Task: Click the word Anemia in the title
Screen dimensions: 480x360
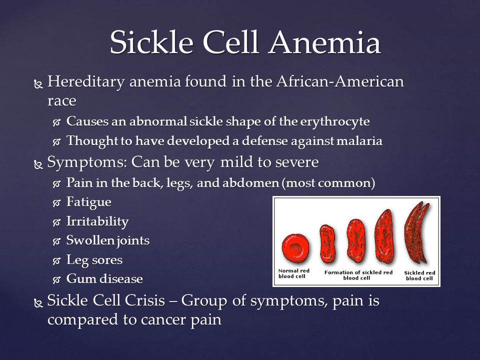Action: click(x=325, y=42)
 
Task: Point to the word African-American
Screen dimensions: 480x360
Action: click(x=340, y=81)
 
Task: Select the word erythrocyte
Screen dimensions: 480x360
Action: click(x=335, y=122)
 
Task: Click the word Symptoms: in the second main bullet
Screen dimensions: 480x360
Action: click(x=87, y=162)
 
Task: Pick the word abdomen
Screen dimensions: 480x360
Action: click(x=250, y=183)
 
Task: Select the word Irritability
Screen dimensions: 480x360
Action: click(x=97, y=221)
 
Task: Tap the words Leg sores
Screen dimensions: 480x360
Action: click(x=94, y=260)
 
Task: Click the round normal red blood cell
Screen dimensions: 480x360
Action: click(x=295, y=248)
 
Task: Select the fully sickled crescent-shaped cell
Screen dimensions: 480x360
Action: click(x=417, y=232)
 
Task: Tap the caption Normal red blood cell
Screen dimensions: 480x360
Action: click(x=294, y=273)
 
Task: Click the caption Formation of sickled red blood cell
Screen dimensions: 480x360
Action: click(x=358, y=275)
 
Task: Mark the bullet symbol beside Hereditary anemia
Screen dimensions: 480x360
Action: click(x=38, y=83)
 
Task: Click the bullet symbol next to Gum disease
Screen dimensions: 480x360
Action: click(x=56, y=279)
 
